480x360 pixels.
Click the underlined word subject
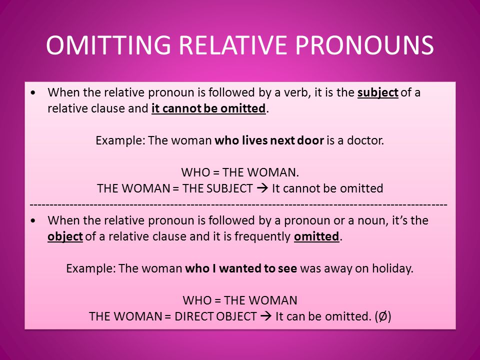tap(378, 92)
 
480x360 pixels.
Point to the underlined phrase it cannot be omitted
tap(207, 108)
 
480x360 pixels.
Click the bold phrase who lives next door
tap(269, 140)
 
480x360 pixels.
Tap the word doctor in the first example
tap(366, 140)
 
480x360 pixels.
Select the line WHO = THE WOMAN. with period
tap(240, 172)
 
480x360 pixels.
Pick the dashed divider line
tap(238, 204)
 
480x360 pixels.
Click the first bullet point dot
tap(33, 93)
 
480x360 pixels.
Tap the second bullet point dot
tap(33, 220)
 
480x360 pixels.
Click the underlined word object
tap(65, 236)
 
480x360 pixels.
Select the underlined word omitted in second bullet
tap(316, 236)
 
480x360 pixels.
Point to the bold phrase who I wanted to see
tap(241, 268)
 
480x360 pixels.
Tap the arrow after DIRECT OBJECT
tap(266, 316)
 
